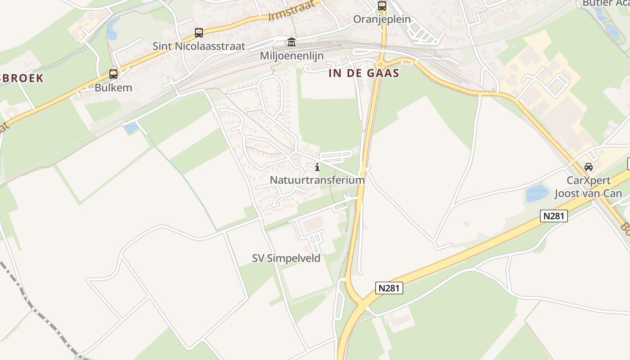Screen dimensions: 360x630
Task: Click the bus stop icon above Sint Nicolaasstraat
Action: click(198, 33)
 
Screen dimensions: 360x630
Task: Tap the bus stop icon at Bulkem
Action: click(113, 74)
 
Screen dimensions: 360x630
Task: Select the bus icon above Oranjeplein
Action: click(382, 6)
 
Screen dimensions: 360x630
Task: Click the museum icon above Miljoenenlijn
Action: click(292, 43)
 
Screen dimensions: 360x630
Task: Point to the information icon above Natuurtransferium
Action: click(317, 167)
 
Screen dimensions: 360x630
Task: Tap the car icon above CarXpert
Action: click(588, 167)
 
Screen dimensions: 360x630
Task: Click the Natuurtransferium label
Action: click(317, 180)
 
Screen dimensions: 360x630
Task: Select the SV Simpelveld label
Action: click(286, 258)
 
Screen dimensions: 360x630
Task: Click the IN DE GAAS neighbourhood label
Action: click(364, 73)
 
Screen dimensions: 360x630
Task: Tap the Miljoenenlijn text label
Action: click(292, 56)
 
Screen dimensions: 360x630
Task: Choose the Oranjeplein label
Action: click(382, 19)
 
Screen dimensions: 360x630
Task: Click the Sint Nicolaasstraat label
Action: click(199, 46)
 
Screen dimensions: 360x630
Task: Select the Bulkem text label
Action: click(113, 88)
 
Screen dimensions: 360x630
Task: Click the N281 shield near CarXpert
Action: click(553, 216)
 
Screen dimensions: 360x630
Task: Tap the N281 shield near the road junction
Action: click(389, 288)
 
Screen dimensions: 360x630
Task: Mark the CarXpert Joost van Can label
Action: click(588, 187)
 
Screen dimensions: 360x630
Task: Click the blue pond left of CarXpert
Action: click(537, 193)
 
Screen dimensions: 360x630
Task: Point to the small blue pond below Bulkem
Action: click(131, 127)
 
